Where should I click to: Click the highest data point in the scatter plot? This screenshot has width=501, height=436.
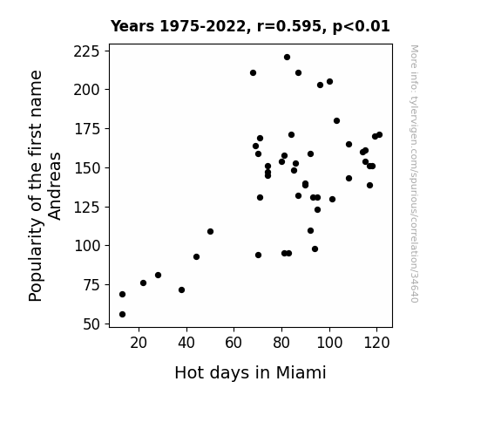287,58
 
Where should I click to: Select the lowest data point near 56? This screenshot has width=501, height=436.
122,315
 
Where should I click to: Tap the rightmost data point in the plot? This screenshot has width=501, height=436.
379,135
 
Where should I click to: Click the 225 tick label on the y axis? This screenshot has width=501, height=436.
87,51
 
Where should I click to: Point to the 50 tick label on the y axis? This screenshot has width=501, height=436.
91,324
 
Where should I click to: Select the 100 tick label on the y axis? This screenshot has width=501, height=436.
87,246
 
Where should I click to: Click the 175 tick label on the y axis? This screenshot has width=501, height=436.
87,129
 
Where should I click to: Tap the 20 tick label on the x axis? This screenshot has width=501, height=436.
139,343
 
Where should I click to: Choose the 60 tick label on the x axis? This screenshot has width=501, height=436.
234,343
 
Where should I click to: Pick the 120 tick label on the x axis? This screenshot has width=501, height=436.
376,343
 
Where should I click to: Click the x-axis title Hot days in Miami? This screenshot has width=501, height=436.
251,372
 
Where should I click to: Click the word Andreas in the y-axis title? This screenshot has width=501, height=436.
55,186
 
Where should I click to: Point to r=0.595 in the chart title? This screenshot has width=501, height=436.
289,26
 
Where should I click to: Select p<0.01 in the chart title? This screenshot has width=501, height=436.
362,27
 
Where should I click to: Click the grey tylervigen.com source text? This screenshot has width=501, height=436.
414,174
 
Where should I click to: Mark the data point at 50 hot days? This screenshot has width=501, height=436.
210,232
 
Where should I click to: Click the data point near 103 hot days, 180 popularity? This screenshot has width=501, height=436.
336,121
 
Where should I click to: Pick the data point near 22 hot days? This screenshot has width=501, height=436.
143,283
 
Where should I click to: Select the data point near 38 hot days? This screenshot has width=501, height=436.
181,290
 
